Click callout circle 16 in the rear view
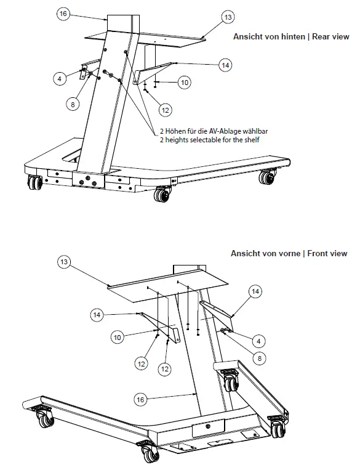[x=62, y=14]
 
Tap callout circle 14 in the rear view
[x=225, y=64]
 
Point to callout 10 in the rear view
[x=184, y=82]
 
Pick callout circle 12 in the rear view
[x=164, y=110]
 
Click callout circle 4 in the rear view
[x=60, y=78]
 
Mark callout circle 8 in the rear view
[x=73, y=104]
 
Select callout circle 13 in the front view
[x=63, y=262]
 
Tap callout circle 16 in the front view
[x=140, y=400]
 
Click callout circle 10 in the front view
[x=118, y=337]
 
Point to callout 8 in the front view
[x=260, y=357]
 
